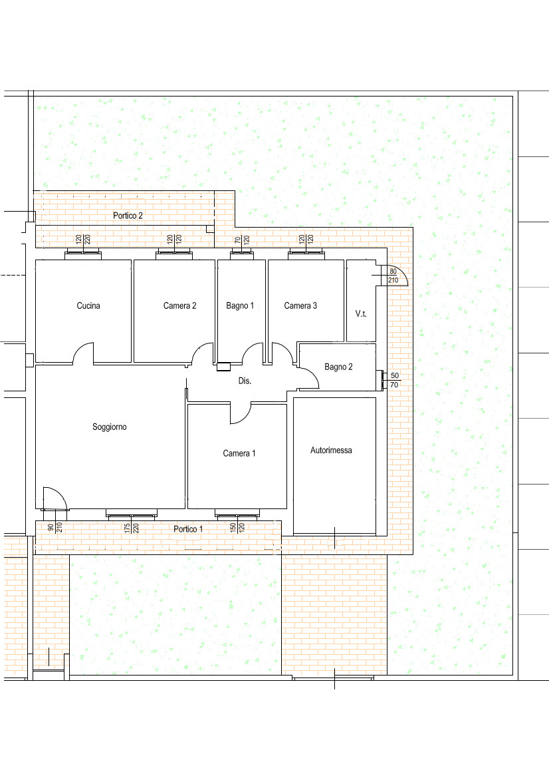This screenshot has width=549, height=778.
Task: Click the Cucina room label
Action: (x=88, y=305)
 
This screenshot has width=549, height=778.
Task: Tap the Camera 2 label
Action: (x=180, y=305)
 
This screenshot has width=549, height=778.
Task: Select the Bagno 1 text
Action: (x=240, y=305)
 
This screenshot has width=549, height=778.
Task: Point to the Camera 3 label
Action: (x=300, y=305)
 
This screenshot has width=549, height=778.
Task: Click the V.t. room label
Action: (x=361, y=313)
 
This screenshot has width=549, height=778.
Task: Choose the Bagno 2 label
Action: (x=338, y=367)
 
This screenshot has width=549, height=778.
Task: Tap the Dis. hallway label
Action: (x=245, y=381)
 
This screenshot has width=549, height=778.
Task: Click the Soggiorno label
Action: (x=110, y=427)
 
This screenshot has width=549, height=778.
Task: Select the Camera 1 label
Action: (x=239, y=453)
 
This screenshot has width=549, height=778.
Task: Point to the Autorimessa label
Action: (x=331, y=450)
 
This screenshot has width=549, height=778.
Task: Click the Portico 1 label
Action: (x=188, y=529)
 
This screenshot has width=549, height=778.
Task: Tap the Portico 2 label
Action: (x=128, y=216)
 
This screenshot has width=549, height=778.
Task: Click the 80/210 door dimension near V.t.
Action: (x=393, y=276)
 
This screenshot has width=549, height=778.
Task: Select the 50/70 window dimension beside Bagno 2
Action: (x=394, y=380)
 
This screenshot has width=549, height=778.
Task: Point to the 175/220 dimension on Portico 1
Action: (x=132, y=528)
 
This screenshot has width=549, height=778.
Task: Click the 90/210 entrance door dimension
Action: (x=55, y=528)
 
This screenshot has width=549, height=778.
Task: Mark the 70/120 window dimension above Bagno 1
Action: (x=242, y=240)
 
